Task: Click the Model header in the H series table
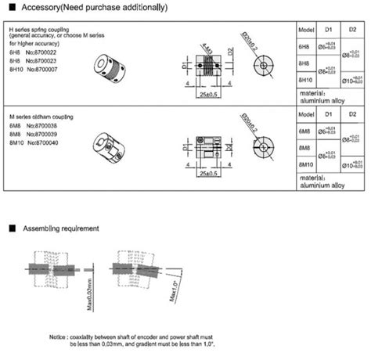pos(307,30)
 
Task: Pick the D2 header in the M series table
pos(352,115)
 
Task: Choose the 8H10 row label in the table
pos(306,80)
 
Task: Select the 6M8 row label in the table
pos(304,131)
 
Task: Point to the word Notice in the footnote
pos(58,336)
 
